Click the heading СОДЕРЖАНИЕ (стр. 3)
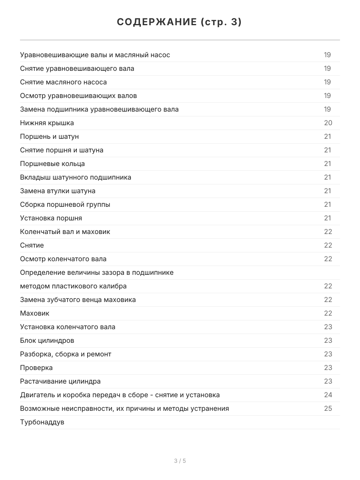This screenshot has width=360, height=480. (180, 22)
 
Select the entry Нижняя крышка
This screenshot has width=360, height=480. (47, 123)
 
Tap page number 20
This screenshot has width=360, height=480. (328, 123)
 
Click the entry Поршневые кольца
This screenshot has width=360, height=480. (52, 164)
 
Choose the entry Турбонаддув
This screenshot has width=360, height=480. (42, 422)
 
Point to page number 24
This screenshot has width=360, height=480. (328, 395)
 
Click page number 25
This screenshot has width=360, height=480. (328, 408)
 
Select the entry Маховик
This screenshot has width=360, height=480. (35, 313)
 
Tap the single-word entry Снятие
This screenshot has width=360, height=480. (32, 245)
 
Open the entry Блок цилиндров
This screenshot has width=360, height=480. (47, 340)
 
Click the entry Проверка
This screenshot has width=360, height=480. (36, 368)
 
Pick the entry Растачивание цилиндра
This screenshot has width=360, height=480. (60, 381)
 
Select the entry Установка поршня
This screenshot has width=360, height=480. (51, 218)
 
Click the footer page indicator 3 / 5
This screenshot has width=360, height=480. (180, 461)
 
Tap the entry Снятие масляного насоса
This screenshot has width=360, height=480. (64, 82)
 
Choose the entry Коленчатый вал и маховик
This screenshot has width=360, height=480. (65, 232)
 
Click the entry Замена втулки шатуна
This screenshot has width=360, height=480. (58, 191)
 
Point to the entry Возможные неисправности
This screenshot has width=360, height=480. (124, 408)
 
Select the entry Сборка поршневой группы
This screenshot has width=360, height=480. (65, 204)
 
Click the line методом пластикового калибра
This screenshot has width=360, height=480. (73, 286)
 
